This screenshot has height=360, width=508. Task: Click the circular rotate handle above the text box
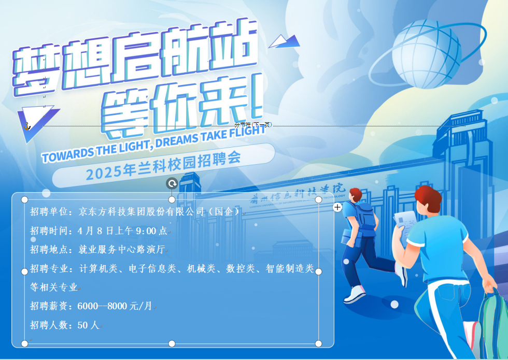(x=172, y=183)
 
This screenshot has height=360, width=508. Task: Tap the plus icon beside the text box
(x=337, y=207)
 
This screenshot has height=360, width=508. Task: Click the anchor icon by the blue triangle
(x=27, y=126)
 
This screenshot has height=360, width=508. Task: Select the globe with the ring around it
(x=427, y=54)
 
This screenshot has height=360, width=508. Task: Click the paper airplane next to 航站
(x=285, y=41)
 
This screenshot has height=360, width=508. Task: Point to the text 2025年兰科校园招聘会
(x=163, y=165)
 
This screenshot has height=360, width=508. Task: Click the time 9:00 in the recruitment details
(x=146, y=231)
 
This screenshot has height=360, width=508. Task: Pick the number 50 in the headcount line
(x=82, y=325)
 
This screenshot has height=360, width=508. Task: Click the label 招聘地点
(x=49, y=249)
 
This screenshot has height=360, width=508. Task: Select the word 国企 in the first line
(x=224, y=211)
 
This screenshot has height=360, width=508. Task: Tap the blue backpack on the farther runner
(x=365, y=215)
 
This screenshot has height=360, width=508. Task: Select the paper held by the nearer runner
(x=405, y=221)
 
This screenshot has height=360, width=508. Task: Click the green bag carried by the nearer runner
(x=493, y=324)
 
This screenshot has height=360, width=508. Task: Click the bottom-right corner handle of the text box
(x=318, y=343)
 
